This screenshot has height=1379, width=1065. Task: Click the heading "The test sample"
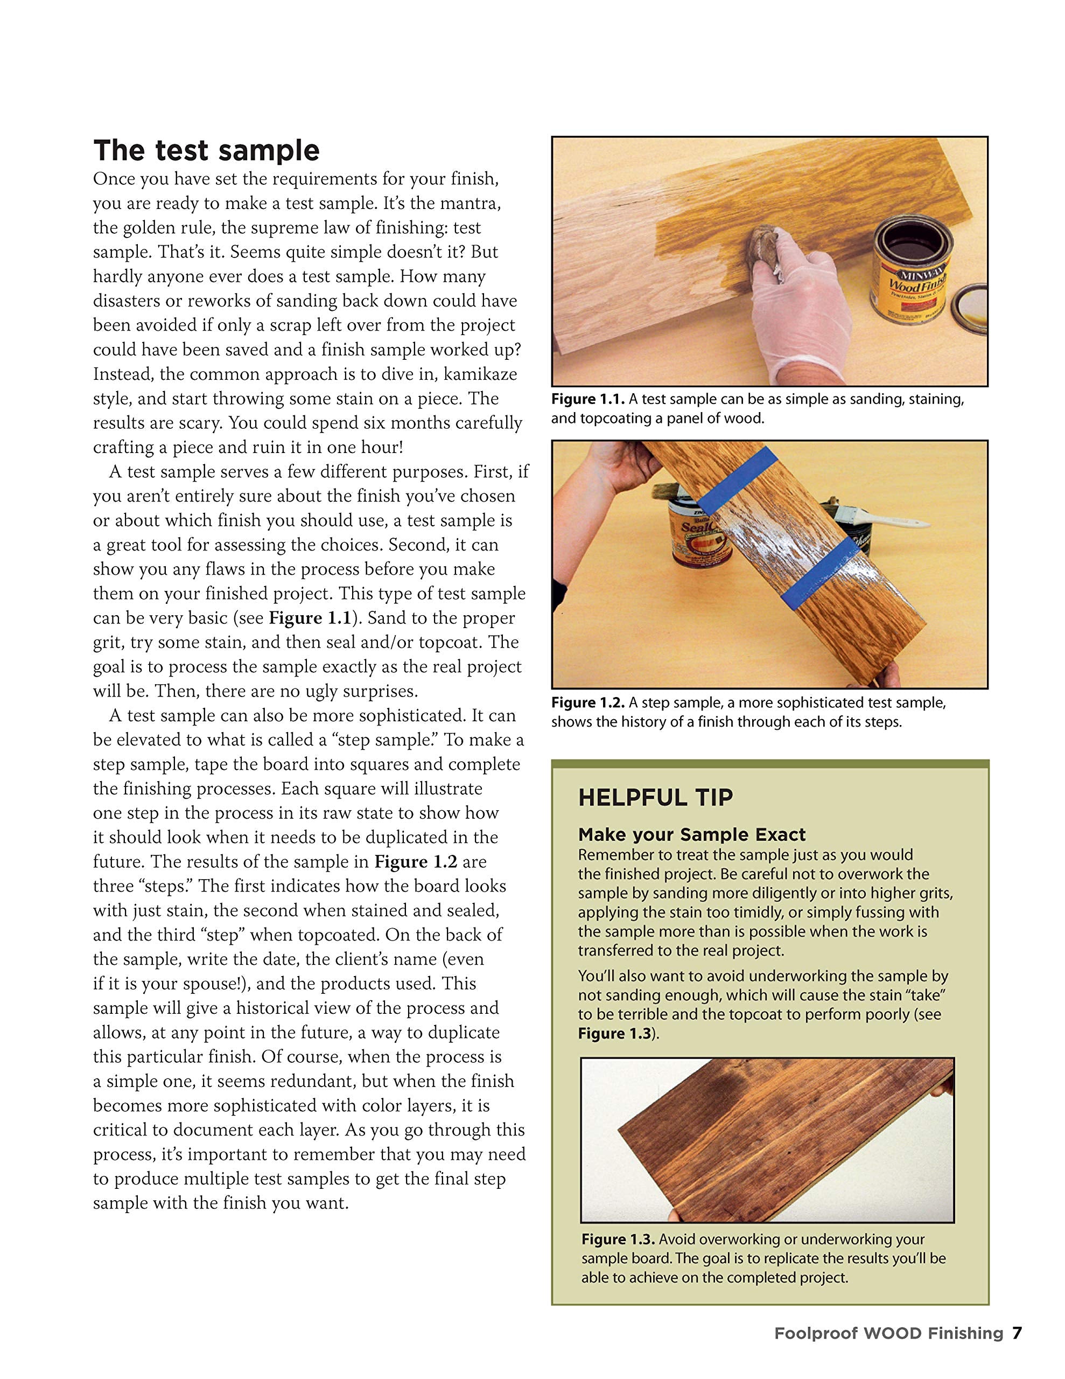click(x=206, y=150)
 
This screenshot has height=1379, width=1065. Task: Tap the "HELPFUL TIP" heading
click(x=655, y=797)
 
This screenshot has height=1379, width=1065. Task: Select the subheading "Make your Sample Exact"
click(x=692, y=835)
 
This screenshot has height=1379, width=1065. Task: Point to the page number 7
click(x=1017, y=1333)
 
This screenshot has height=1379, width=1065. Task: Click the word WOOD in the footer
click(x=892, y=1334)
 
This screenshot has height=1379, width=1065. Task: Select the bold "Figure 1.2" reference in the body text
click(x=416, y=861)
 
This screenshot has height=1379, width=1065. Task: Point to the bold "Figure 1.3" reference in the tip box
click(x=614, y=1034)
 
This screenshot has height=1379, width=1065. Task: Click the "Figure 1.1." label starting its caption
click(x=588, y=399)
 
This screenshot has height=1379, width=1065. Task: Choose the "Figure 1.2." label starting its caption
click(x=588, y=703)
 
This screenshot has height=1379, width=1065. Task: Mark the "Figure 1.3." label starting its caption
click(x=618, y=1239)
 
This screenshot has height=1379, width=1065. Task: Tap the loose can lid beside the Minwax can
click(x=970, y=308)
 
